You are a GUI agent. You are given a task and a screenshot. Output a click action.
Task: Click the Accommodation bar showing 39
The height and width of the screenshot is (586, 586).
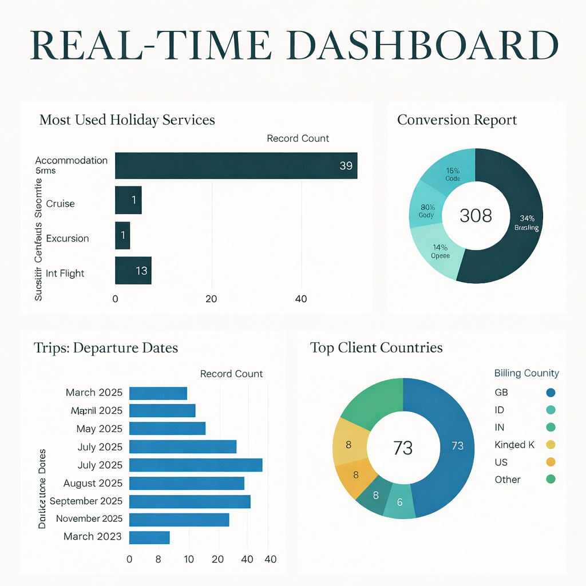click(x=236, y=165)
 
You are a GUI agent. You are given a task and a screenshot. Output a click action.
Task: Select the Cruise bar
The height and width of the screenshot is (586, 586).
click(x=128, y=200)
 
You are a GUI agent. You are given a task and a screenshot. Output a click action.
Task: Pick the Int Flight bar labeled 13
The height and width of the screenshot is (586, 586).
click(x=133, y=271)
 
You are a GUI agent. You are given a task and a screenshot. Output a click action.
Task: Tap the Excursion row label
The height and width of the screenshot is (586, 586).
click(x=68, y=238)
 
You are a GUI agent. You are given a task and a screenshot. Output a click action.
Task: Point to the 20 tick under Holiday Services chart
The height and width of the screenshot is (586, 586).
click(x=211, y=299)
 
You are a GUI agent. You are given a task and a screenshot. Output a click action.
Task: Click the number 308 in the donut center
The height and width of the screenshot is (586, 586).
click(x=476, y=216)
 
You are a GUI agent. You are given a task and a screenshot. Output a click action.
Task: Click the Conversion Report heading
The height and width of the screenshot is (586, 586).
click(x=457, y=120)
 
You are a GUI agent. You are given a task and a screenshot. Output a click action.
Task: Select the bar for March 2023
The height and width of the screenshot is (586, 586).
click(x=149, y=537)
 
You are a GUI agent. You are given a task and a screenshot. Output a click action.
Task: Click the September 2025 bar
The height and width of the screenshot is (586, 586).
click(x=190, y=501)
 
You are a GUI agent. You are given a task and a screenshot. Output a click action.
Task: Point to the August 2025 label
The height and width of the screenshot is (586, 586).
click(x=93, y=484)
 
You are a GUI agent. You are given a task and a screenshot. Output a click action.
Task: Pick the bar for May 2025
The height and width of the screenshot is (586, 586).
click(x=167, y=429)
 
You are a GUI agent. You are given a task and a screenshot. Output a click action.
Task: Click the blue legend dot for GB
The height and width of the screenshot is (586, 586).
click(x=551, y=393)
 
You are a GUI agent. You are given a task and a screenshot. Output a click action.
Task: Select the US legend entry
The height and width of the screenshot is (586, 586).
click(x=501, y=462)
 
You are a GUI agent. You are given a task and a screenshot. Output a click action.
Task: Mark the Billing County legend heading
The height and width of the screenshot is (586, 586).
click(x=526, y=373)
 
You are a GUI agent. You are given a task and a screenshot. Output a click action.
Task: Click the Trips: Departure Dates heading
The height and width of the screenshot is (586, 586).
click(x=106, y=347)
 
